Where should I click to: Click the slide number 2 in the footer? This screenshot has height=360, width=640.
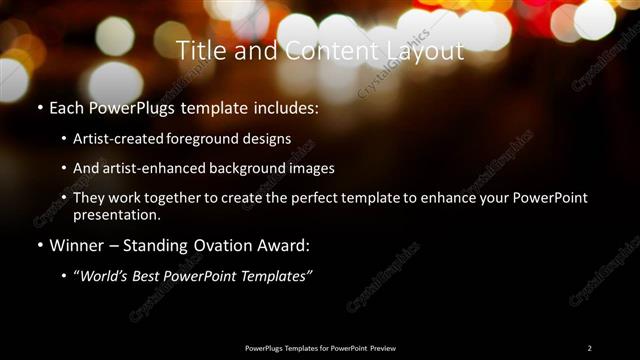coord(589,347)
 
